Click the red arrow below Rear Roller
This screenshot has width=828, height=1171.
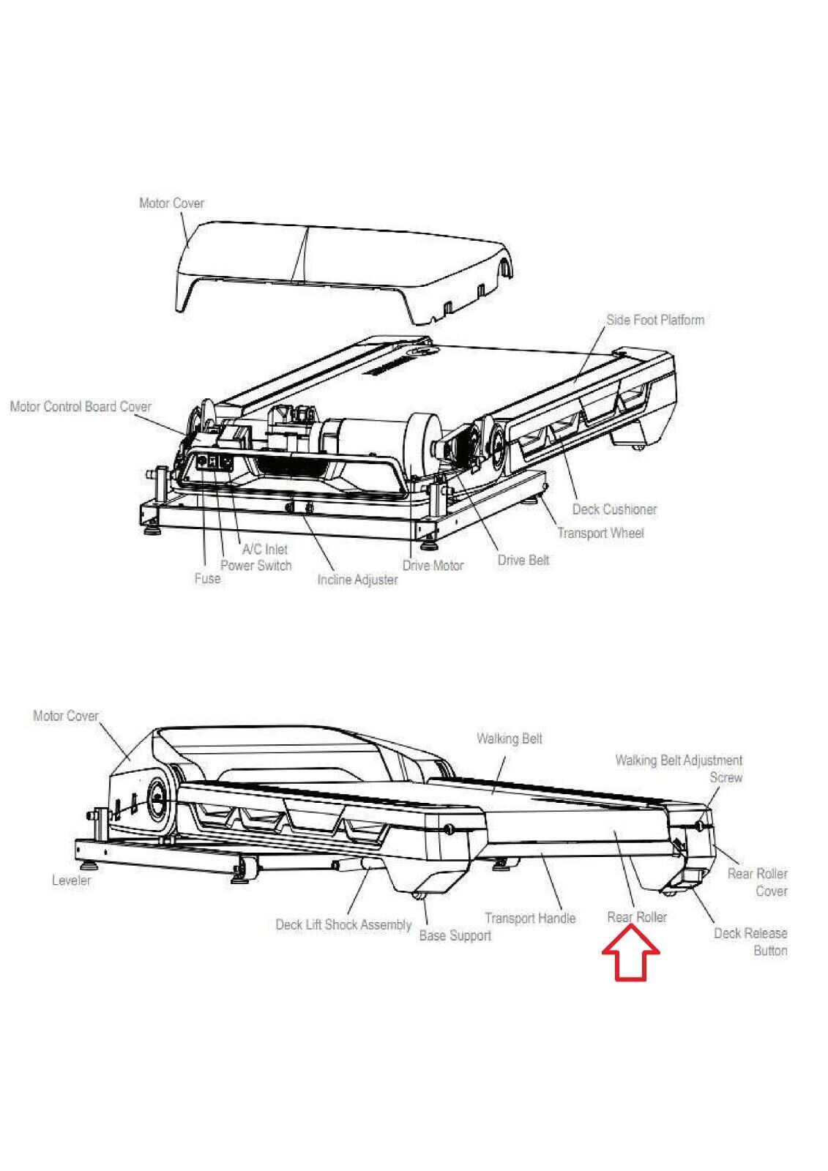pyautogui.click(x=631, y=954)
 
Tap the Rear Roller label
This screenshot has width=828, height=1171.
pyautogui.click(x=637, y=917)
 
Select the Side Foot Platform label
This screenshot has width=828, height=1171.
pyautogui.click(x=655, y=320)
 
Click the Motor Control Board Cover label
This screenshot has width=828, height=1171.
pyautogui.click(x=81, y=406)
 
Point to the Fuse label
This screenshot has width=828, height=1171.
pyautogui.click(x=207, y=578)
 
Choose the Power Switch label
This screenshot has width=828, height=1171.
pyautogui.click(x=256, y=565)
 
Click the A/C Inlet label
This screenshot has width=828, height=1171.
pyautogui.click(x=265, y=549)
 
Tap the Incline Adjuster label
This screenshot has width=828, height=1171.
pyautogui.click(x=357, y=580)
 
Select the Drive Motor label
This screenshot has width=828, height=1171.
pyautogui.click(x=433, y=565)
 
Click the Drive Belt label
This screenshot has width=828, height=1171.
pyautogui.click(x=523, y=560)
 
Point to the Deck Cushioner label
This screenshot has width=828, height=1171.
pyautogui.click(x=614, y=509)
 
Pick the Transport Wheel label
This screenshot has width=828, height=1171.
pyautogui.click(x=600, y=533)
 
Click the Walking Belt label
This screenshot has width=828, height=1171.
pyautogui.click(x=510, y=738)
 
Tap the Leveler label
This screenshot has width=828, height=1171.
pyautogui.click(x=72, y=880)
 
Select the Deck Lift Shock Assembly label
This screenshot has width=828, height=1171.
pyautogui.click(x=343, y=924)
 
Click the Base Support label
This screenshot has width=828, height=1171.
pyautogui.click(x=455, y=935)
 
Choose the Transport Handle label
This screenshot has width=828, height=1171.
pyautogui.click(x=530, y=918)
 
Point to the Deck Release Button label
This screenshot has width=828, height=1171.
pyautogui.click(x=750, y=942)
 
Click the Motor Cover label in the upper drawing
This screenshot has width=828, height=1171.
pyautogui.click(x=171, y=203)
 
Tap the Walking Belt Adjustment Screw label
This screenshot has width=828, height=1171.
pyautogui.click(x=679, y=768)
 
